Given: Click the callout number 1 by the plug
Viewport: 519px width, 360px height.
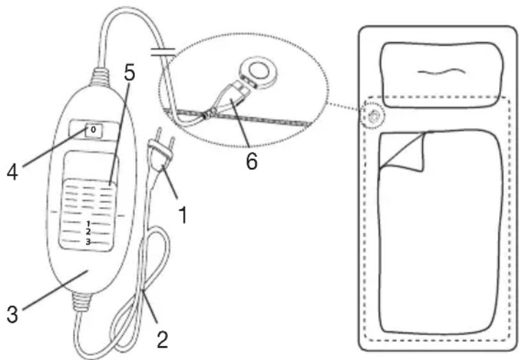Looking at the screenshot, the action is [182, 215].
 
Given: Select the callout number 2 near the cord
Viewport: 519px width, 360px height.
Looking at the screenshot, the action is [162, 339].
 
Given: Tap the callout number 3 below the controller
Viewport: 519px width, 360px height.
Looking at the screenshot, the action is [12, 314].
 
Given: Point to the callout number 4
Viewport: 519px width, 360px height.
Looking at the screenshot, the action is [12, 172].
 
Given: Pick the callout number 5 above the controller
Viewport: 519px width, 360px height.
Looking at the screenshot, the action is [129, 73].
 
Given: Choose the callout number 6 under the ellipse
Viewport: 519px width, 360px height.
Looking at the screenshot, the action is [251, 162].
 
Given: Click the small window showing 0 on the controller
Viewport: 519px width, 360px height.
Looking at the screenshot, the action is [94, 130].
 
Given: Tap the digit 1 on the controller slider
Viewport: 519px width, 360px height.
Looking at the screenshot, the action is [88, 224].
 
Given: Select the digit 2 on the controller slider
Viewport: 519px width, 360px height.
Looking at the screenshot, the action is [88, 232].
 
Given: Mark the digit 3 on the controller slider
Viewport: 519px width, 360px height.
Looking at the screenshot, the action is [88, 242].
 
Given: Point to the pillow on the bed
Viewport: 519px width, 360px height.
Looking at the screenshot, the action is [443, 74].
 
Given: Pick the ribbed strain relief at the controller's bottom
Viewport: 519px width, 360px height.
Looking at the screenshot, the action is [81, 301].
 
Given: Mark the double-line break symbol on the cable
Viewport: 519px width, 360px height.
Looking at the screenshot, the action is [163, 52].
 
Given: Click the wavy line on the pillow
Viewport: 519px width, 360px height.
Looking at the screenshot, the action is [441, 71].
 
